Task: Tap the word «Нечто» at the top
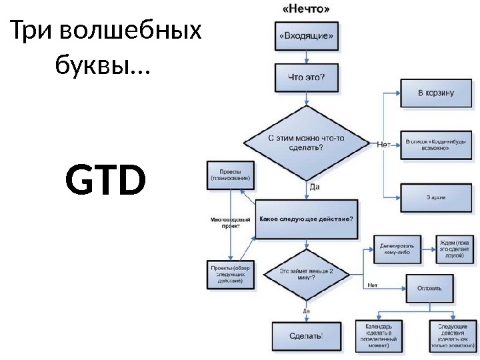pos(306,9)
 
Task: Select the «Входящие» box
pos(306,37)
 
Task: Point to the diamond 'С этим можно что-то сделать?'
pos(306,142)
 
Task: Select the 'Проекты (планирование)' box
pos(230,175)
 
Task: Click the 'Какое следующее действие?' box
pos(306,219)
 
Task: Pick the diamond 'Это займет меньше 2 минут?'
pos(306,275)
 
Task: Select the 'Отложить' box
pos(429,288)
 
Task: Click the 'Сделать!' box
pos(306,335)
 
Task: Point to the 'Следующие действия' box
pos(451,335)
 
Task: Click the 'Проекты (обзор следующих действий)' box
pos(230,274)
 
